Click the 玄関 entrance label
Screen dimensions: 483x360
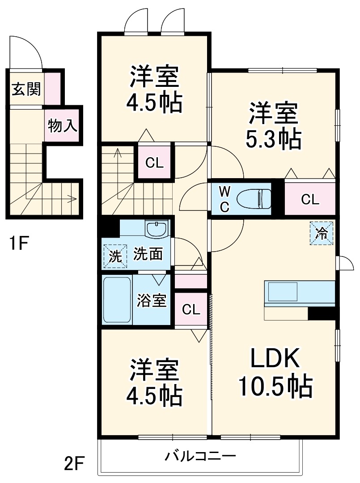click(26, 89)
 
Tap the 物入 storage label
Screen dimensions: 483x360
click(63, 126)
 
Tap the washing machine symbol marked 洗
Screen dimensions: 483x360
click(115, 256)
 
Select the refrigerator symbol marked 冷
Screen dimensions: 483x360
click(322, 233)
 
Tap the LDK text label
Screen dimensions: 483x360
click(274, 358)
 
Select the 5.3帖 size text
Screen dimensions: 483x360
click(273, 139)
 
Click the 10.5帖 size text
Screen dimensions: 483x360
click(275, 386)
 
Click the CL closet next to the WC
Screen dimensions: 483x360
click(310, 200)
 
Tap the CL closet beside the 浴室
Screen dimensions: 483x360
click(191, 309)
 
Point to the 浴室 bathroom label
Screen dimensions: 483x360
click(152, 300)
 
